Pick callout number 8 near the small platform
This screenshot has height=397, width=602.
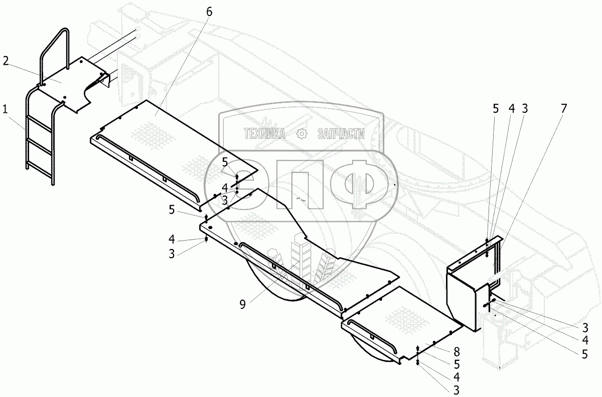click(x=457, y=351)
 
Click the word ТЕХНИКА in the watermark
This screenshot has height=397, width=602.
click(x=264, y=134)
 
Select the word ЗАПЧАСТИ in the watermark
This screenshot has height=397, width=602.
click(x=341, y=134)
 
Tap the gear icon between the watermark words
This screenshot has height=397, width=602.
click(x=302, y=134)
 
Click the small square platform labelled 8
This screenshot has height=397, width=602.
click(x=401, y=321)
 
